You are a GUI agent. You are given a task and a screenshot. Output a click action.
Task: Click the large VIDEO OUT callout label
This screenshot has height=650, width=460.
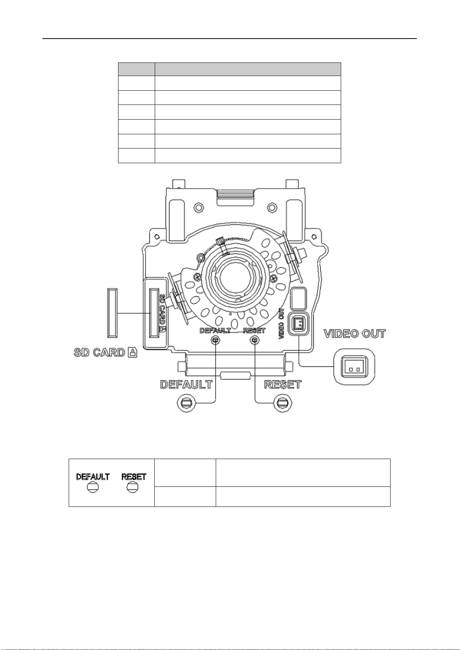coord(355,334)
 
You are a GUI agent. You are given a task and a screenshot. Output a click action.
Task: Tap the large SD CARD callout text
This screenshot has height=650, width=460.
coord(99,352)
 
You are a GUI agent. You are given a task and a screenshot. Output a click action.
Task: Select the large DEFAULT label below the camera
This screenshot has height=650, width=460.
coord(186,385)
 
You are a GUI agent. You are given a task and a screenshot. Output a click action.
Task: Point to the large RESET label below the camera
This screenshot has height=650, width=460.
coord(282,385)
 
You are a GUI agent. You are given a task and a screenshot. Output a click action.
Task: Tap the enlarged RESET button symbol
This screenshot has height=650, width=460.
coord(283,403)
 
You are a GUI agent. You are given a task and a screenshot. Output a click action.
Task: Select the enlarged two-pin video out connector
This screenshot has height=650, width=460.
coord(354,367)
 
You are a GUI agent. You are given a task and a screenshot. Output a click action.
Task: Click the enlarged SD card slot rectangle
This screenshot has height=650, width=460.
coord(112,313)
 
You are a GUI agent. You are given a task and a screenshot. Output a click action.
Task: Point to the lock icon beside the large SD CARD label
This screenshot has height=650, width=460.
coord(132,353)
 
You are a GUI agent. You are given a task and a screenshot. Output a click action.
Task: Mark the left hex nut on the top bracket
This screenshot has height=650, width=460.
coord(198,207)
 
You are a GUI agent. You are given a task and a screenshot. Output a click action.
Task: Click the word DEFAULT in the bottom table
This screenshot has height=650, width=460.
coord(93,477)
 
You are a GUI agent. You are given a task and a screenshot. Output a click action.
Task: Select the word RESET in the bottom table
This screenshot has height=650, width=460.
coord(134,477)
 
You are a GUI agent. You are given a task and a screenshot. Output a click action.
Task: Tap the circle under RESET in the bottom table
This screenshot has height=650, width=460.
coord(133,488)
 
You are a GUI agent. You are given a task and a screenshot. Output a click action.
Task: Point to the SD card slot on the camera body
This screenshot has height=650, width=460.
coord(154,313)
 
